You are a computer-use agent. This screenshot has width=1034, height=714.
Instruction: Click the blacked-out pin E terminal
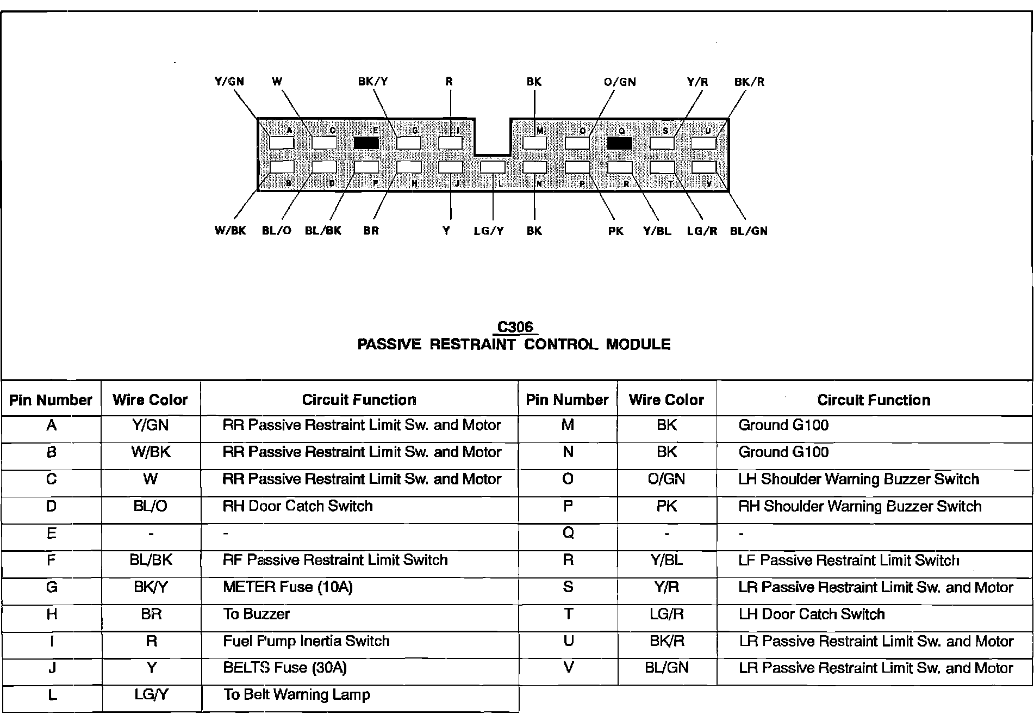tap(366, 143)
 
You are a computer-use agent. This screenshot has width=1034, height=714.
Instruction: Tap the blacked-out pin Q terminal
tap(620, 143)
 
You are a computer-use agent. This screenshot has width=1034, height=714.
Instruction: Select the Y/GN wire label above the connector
tap(229, 82)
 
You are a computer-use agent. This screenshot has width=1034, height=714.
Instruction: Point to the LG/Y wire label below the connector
tap(489, 231)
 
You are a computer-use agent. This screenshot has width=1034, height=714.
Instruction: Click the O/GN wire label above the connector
tap(620, 82)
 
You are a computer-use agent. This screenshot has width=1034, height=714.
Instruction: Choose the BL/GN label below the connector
tap(749, 231)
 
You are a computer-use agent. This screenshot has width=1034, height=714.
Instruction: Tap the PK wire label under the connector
tap(615, 231)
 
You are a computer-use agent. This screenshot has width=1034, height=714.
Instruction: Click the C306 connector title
tap(515, 327)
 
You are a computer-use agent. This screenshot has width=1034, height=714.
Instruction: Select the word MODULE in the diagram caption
tap(638, 344)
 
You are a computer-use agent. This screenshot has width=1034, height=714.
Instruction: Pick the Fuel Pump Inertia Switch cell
tap(306, 641)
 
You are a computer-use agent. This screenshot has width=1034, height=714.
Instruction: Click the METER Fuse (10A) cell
tap(288, 587)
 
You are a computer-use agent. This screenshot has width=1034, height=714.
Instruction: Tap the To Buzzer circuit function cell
tap(256, 614)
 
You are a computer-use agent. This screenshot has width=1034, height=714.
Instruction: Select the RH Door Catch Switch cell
tap(297, 506)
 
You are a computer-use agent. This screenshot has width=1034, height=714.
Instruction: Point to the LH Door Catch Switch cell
tap(812, 614)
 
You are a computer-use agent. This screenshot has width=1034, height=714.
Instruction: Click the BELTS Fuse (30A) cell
tap(285, 668)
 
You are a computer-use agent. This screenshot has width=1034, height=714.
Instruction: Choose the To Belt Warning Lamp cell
tap(297, 695)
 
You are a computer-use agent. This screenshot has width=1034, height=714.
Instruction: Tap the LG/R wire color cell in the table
tap(667, 614)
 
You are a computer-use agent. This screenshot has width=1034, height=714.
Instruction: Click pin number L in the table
tap(52, 695)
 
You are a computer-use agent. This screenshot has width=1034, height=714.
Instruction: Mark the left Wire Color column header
tap(150, 400)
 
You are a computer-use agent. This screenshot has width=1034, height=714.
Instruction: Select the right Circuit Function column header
tap(874, 400)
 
